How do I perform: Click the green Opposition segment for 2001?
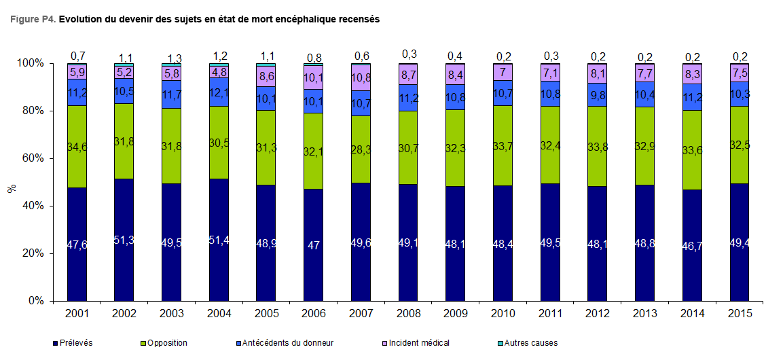click(x=77, y=146)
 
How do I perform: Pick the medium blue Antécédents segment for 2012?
click(x=598, y=94)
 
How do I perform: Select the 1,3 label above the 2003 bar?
click(x=172, y=57)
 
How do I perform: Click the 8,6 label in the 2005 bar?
click(x=266, y=76)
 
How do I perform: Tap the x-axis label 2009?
click(x=456, y=313)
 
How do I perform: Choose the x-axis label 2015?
click(x=740, y=313)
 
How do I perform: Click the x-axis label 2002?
click(x=124, y=313)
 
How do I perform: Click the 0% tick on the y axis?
click(x=37, y=301)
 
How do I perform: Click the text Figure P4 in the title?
click(x=33, y=20)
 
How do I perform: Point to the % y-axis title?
click(x=11, y=187)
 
